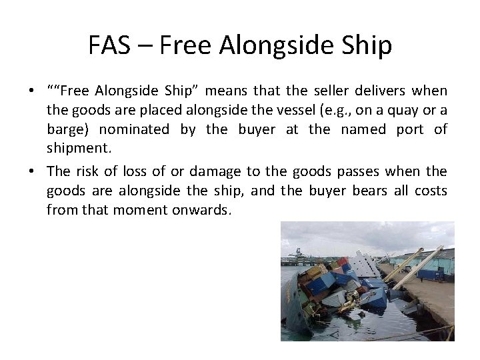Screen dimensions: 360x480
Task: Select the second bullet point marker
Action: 31,171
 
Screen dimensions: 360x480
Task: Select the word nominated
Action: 133,129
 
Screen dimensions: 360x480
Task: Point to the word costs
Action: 430,190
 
